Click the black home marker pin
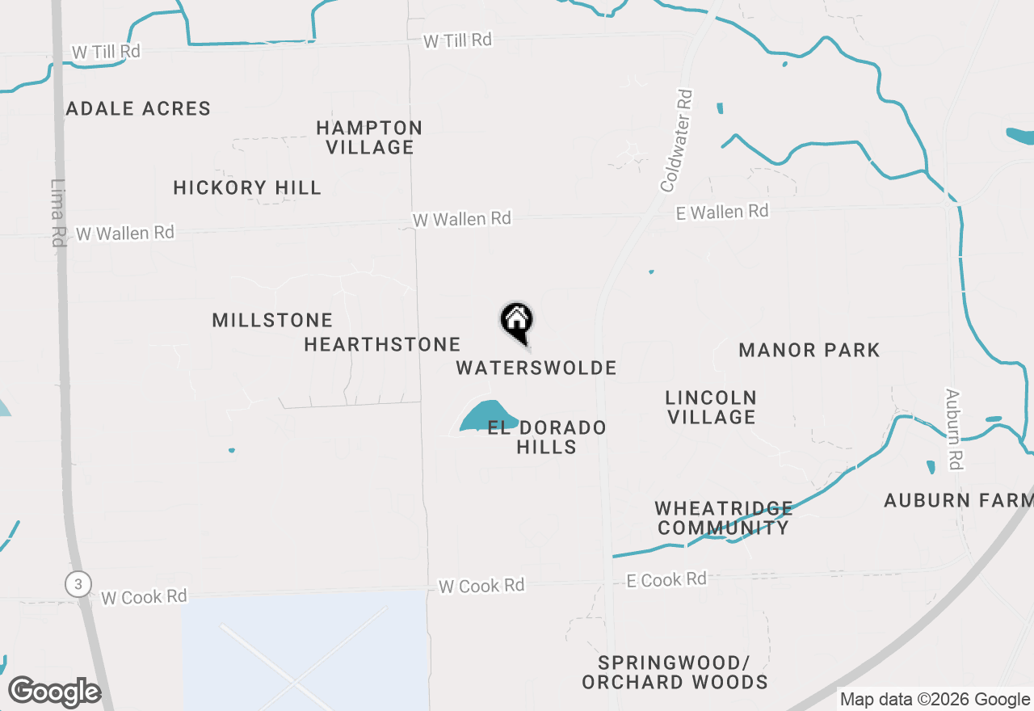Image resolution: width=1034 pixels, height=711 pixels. (x=517, y=321)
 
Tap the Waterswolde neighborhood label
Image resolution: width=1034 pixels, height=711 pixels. (x=536, y=368)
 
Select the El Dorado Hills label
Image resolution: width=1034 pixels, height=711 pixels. (x=547, y=437)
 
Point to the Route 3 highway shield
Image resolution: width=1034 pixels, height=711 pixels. (x=78, y=584)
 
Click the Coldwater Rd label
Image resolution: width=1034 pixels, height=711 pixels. (x=677, y=141)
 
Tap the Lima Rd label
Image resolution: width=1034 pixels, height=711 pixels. (x=57, y=212)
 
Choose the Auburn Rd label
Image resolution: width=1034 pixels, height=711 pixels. (x=956, y=429)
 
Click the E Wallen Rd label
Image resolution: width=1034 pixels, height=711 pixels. (x=722, y=212)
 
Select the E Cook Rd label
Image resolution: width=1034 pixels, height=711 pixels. (x=666, y=579)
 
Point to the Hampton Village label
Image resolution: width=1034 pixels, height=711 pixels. (x=369, y=137)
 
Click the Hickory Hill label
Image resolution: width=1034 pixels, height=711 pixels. (x=247, y=188)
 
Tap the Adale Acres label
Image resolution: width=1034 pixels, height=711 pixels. (x=138, y=108)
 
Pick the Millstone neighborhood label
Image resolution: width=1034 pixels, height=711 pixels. (x=272, y=321)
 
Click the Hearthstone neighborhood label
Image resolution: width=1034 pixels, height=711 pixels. (x=382, y=345)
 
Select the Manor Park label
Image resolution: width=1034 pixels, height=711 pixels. (x=809, y=350)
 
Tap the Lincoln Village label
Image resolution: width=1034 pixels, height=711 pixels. (x=711, y=407)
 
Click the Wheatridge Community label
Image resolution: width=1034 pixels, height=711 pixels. (x=723, y=518)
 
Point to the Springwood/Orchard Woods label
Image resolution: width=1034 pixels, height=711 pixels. (x=675, y=672)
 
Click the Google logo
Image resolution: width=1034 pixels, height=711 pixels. (x=54, y=692)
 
